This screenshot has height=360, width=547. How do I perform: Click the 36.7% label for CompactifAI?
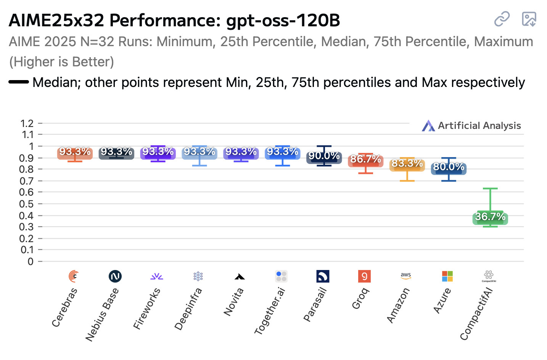point(490,217)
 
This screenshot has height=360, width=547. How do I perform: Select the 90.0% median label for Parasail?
point(324,156)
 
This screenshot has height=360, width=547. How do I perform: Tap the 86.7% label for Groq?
point(365,159)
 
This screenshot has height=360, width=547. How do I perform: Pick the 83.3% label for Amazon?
point(407,164)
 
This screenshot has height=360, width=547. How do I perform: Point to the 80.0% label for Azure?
point(449,167)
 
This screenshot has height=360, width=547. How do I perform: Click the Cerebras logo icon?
point(74,276)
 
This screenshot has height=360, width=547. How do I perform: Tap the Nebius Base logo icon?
point(115,276)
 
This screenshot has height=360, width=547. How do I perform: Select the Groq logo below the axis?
point(364,276)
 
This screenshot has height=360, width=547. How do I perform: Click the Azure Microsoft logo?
point(447,276)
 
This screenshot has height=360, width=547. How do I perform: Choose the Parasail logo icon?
point(323,276)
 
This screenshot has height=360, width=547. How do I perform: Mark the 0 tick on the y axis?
point(30,262)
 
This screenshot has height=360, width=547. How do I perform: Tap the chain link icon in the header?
point(502,19)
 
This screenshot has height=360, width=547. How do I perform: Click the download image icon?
point(529,19)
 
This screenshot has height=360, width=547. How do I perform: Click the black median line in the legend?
point(19,82)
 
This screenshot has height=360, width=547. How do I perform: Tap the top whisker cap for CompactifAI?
point(490,188)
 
